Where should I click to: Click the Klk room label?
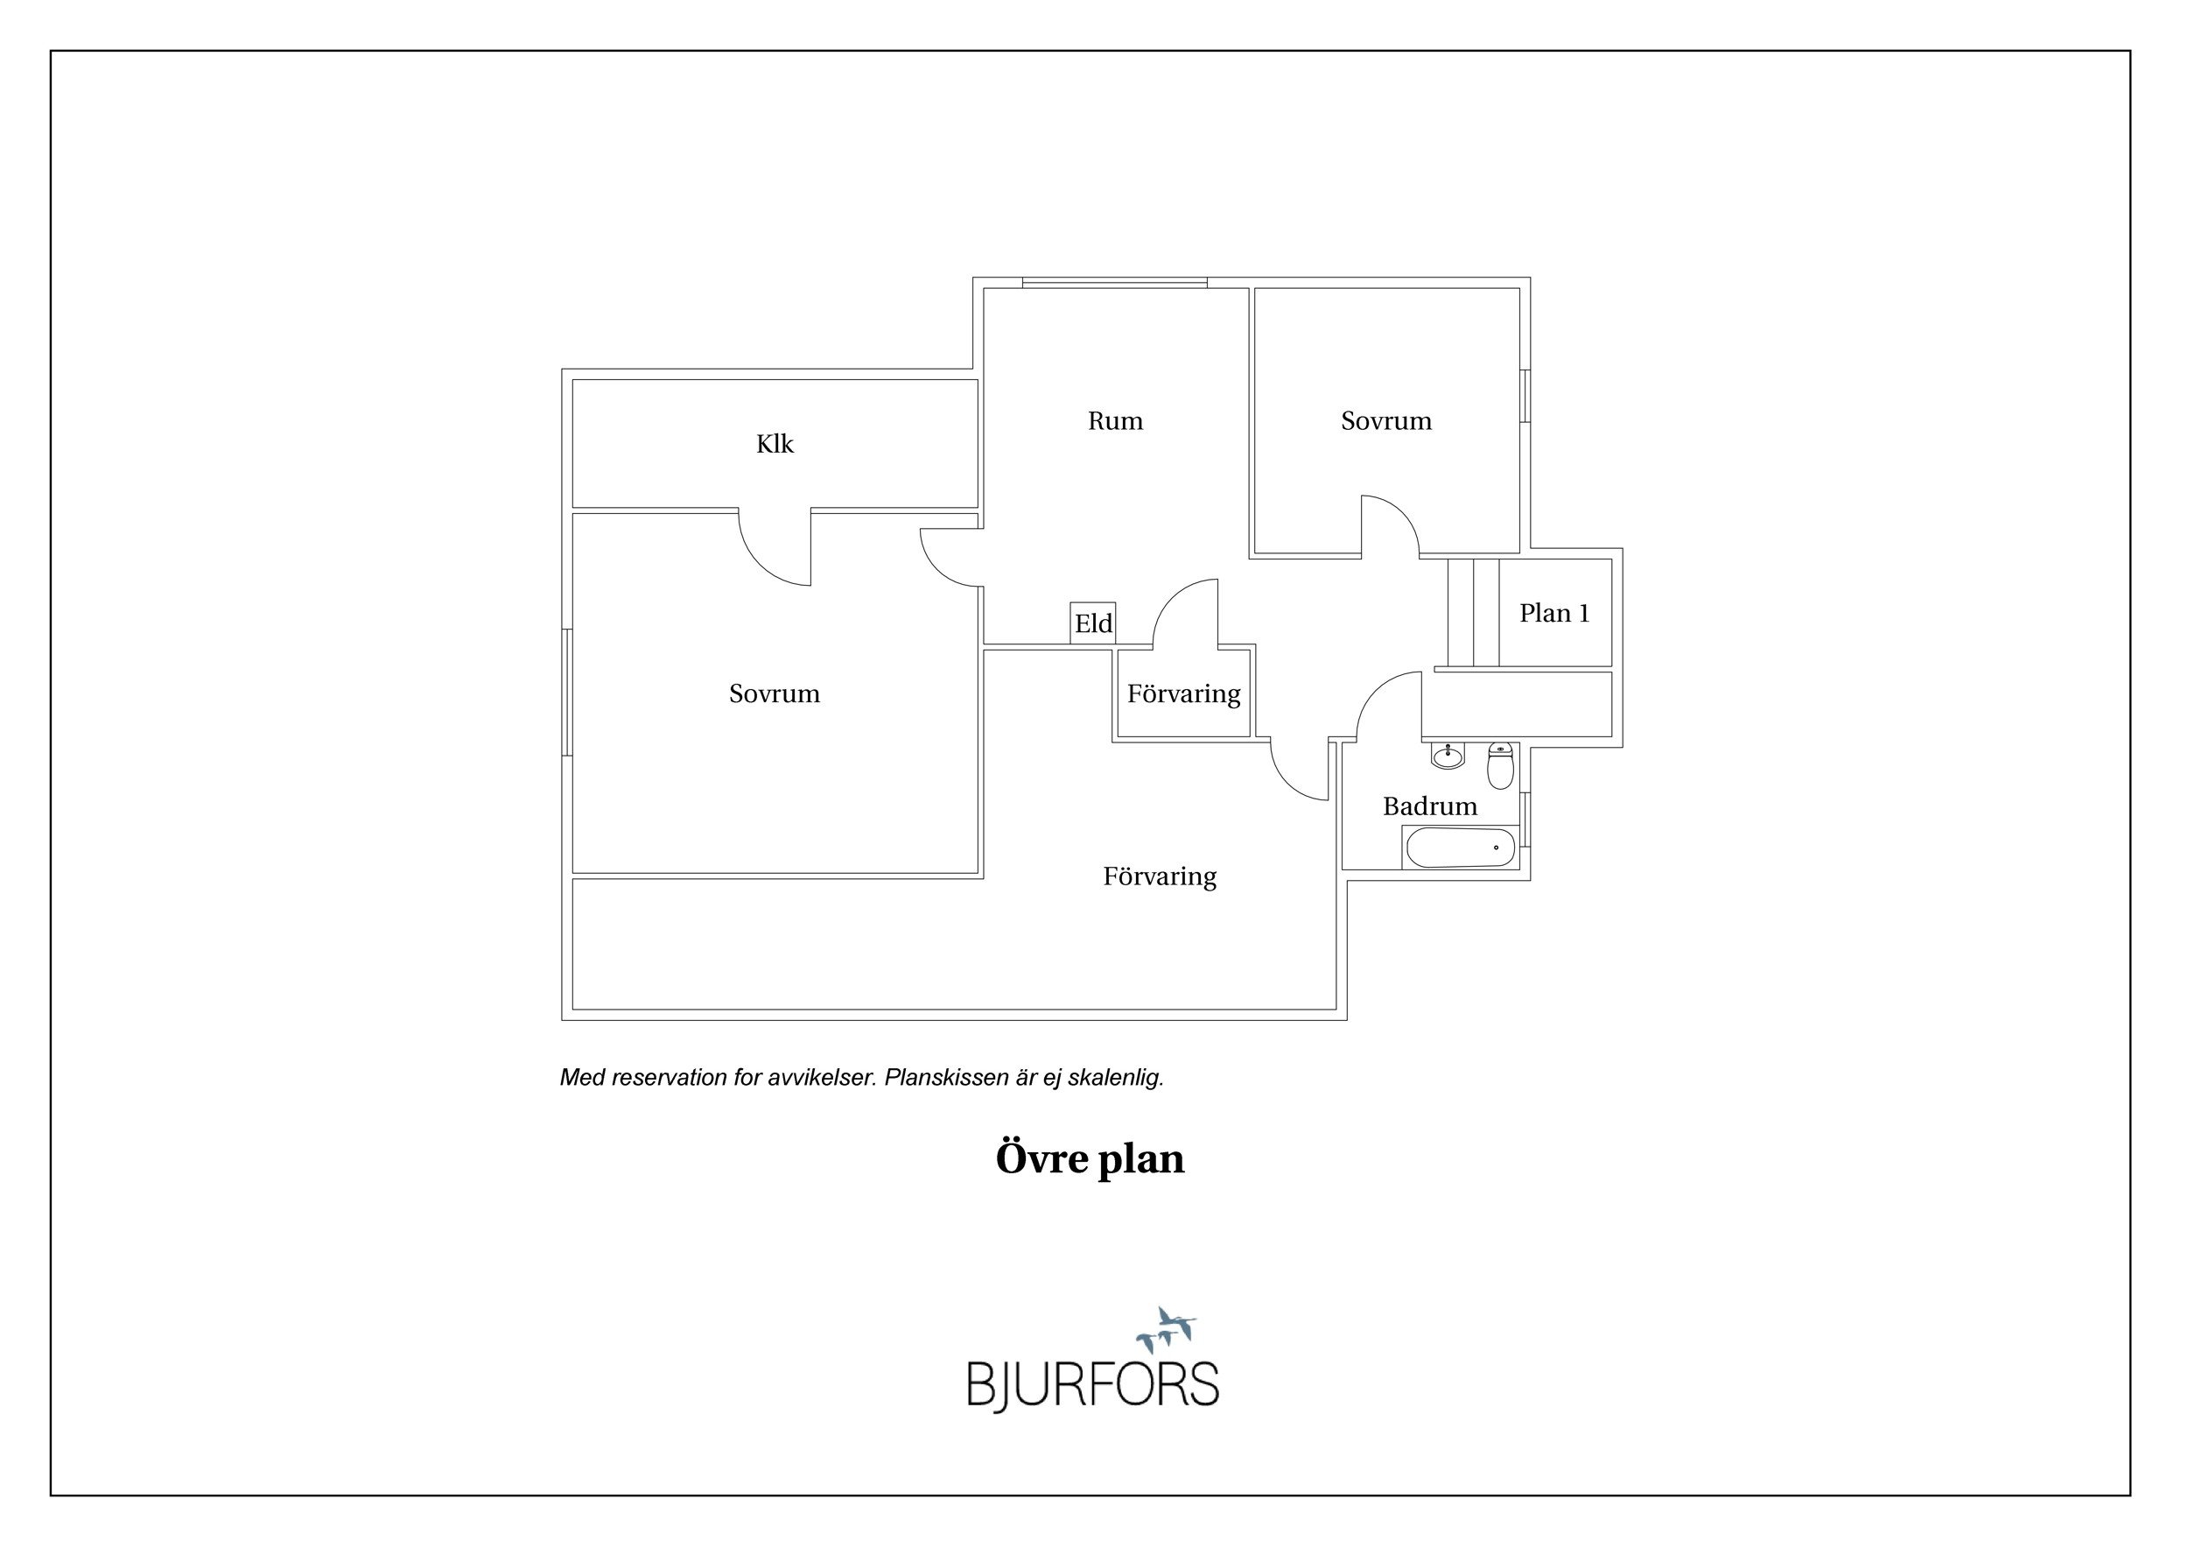coord(775,444)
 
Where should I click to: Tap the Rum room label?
coord(1115,420)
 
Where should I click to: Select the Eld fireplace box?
coord(1093,623)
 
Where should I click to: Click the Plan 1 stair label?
coord(1554,613)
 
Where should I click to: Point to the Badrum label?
coord(1429,806)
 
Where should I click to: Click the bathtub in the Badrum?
coord(1460,848)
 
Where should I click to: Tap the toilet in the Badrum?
coord(1501,766)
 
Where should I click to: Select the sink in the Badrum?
coord(1448,756)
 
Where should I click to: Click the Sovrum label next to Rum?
coord(1385,420)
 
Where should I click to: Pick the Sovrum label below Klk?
coord(774,693)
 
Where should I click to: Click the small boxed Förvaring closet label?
coord(1183,694)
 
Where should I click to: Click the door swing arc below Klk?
coord(775,548)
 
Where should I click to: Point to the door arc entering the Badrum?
coord(1388,706)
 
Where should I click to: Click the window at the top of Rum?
coord(1115,282)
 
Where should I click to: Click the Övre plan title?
coord(1090,1159)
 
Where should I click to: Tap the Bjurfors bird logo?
coord(1166,1331)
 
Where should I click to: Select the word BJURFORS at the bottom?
coord(1093,1385)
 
